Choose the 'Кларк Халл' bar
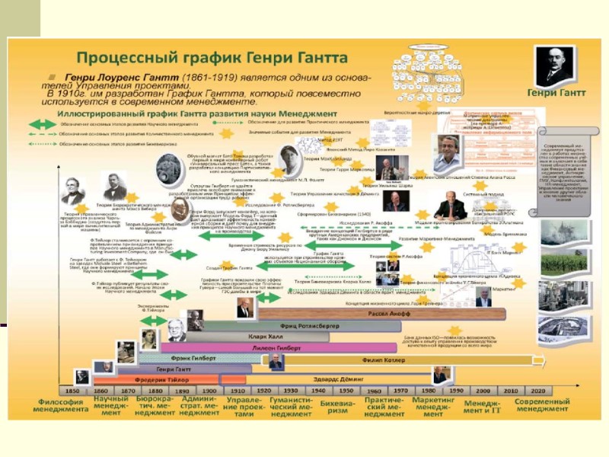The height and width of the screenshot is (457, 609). (266, 336)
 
